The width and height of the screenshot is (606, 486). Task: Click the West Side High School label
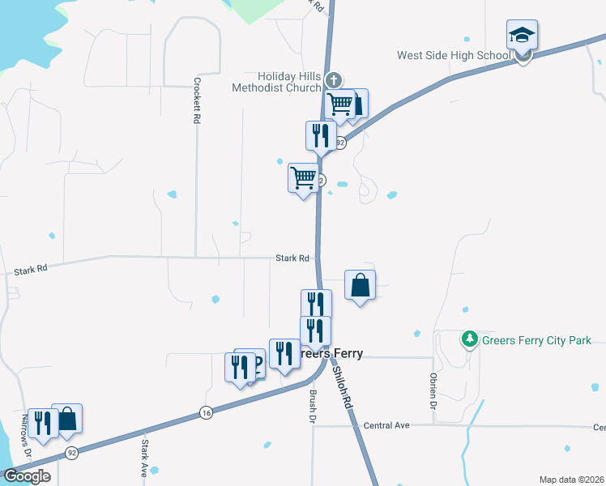pos(453,56)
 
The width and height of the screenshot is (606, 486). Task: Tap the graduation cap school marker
pos(522,36)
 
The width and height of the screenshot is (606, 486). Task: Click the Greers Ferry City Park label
pos(536,341)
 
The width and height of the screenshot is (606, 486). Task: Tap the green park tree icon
pos(469,339)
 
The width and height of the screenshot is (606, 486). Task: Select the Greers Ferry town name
pos(327,354)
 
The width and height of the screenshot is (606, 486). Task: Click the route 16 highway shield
pos(207,413)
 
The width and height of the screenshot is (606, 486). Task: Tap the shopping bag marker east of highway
pos(361,285)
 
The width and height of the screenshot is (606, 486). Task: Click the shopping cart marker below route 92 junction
pos(304,177)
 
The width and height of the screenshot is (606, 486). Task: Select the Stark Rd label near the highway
pos(292,258)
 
